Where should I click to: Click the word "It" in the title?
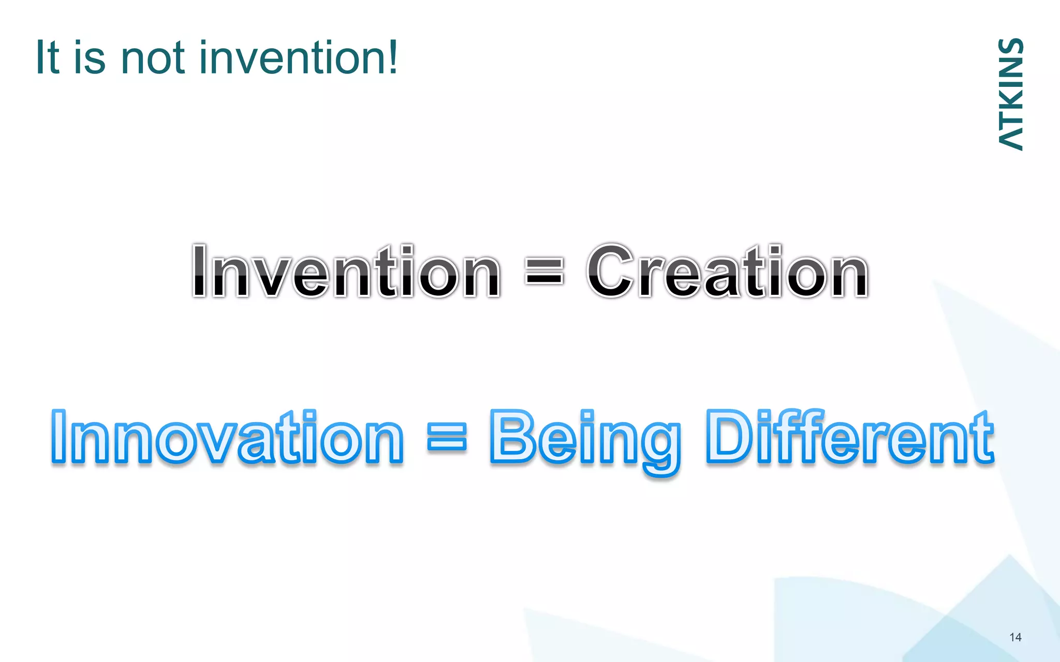[48, 57]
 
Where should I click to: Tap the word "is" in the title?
[90, 57]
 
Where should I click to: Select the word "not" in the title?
[152, 57]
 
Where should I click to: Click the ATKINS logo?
[1010, 94]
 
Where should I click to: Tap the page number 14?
[1015, 637]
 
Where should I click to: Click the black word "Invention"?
[346, 271]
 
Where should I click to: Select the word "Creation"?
[727, 271]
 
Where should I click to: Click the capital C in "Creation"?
[611, 271]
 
